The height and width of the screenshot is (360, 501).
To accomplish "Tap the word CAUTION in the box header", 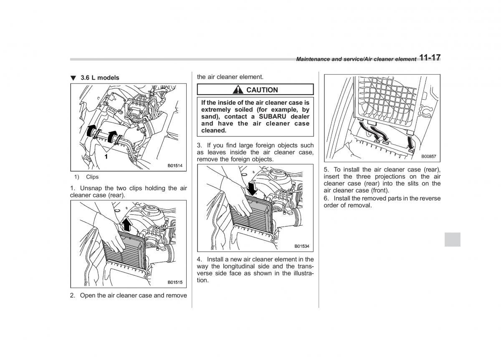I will pyautogui.click(x=262, y=90).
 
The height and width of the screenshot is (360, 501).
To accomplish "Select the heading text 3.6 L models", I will pyautogui.click(x=100, y=78).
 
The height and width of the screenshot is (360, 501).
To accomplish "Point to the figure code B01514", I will pyautogui.click(x=175, y=166).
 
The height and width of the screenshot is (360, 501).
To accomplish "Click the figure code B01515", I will pyautogui.click(x=175, y=282).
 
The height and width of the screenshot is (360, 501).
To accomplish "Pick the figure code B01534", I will pyautogui.click(x=302, y=246).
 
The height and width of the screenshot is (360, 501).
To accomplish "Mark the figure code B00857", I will pyautogui.click(x=428, y=156).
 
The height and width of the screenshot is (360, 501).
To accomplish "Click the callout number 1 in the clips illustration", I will pyautogui.click(x=106, y=156).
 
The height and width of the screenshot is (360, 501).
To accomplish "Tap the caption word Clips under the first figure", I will pyautogui.click(x=92, y=177).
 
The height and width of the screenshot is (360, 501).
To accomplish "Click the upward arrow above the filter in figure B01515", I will pyautogui.click(x=127, y=225).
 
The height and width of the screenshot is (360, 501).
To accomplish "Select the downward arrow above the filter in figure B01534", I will pyautogui.click(x=252, y=188).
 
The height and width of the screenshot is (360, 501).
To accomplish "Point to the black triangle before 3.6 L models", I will pyautogui.click(x=73, y=78).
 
